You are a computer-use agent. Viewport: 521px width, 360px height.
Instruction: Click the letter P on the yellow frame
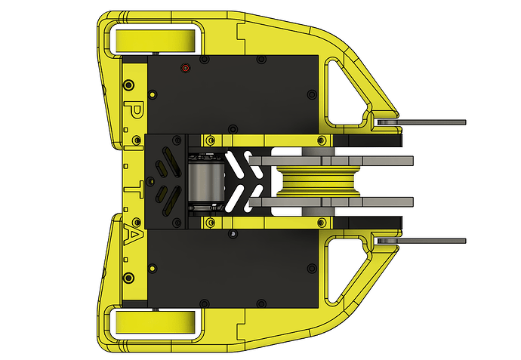(135, 111)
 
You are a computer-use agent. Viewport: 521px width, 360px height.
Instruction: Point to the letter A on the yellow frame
(135, 235)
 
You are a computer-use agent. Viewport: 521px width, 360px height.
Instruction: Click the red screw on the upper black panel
(185, 68)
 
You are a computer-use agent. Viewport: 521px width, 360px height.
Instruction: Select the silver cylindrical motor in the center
(203, 180)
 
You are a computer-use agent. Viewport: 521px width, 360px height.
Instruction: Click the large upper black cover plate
(234, 94)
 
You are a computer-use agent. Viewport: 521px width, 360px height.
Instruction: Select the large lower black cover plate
(234, 268)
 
